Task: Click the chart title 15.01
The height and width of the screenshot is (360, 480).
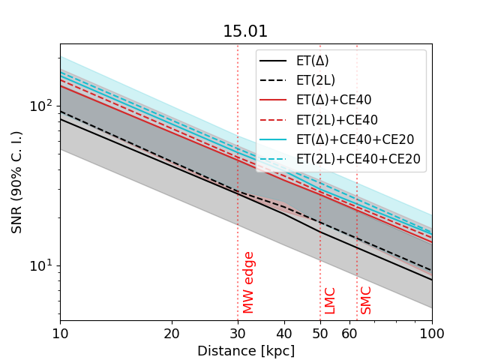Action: pyautogui.click(x=245, y=31)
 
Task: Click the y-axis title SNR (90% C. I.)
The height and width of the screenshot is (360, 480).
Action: pyautogui.click(x=16, y=180)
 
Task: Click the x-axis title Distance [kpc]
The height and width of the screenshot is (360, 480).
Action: pyautogui.click(x=246, y=351)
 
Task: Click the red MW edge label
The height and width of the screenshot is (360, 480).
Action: pyautogui.click(x=249, y=282)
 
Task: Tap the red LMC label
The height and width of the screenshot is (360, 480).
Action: pyautogui.click(x=330, y=300)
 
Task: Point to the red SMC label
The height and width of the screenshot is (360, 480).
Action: pyautogui.click(x=366, y=300)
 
